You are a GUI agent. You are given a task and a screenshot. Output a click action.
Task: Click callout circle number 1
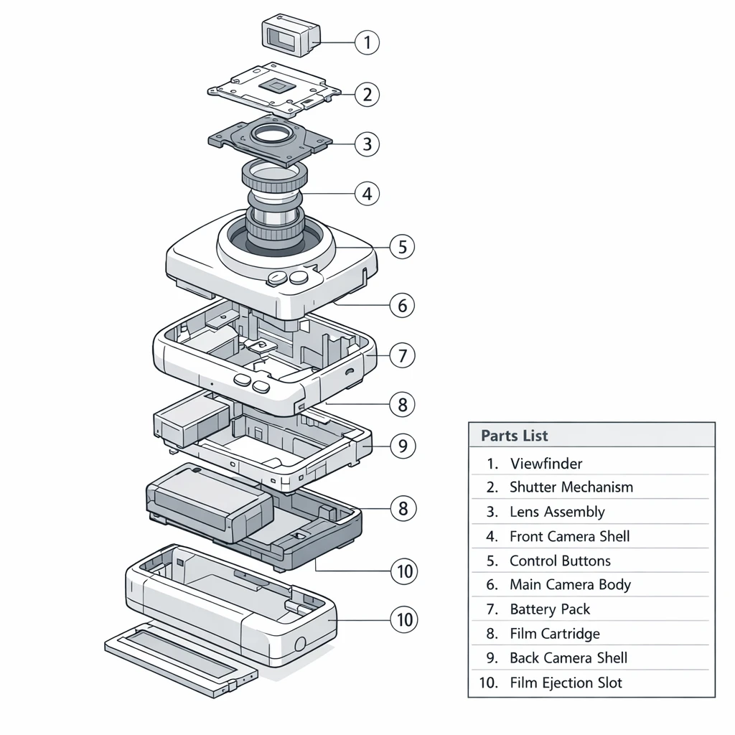click(367, 43)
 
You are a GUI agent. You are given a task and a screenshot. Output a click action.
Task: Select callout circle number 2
click(367, 94)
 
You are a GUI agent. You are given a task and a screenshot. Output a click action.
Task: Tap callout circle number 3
click(367, 144)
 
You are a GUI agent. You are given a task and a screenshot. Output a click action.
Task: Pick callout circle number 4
click(367, 193)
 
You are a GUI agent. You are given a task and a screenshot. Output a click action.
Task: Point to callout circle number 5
click(402, 248)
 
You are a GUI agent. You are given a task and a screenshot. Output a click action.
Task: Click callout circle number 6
click(402, 306)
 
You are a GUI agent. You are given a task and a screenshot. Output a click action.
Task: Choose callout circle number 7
click(402, 355)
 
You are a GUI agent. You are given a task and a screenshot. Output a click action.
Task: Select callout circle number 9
click(402, 446)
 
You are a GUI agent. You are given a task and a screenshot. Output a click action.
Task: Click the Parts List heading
click(514, 436)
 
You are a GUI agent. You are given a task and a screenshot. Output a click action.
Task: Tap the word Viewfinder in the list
click(546, 464)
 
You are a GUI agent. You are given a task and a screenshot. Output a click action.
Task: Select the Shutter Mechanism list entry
click(571, 487)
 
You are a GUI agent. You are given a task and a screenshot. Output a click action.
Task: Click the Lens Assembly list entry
click(556, 512)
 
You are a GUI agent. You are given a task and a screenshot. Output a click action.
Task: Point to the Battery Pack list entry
click(549, 609)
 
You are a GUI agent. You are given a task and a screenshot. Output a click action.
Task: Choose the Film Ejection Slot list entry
click(566, 683)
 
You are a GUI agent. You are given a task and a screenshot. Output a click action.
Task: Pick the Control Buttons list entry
click(559, 561)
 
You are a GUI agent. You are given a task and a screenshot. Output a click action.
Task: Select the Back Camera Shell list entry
click(568, 658)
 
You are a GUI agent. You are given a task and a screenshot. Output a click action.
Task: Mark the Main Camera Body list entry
click(569, 585)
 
